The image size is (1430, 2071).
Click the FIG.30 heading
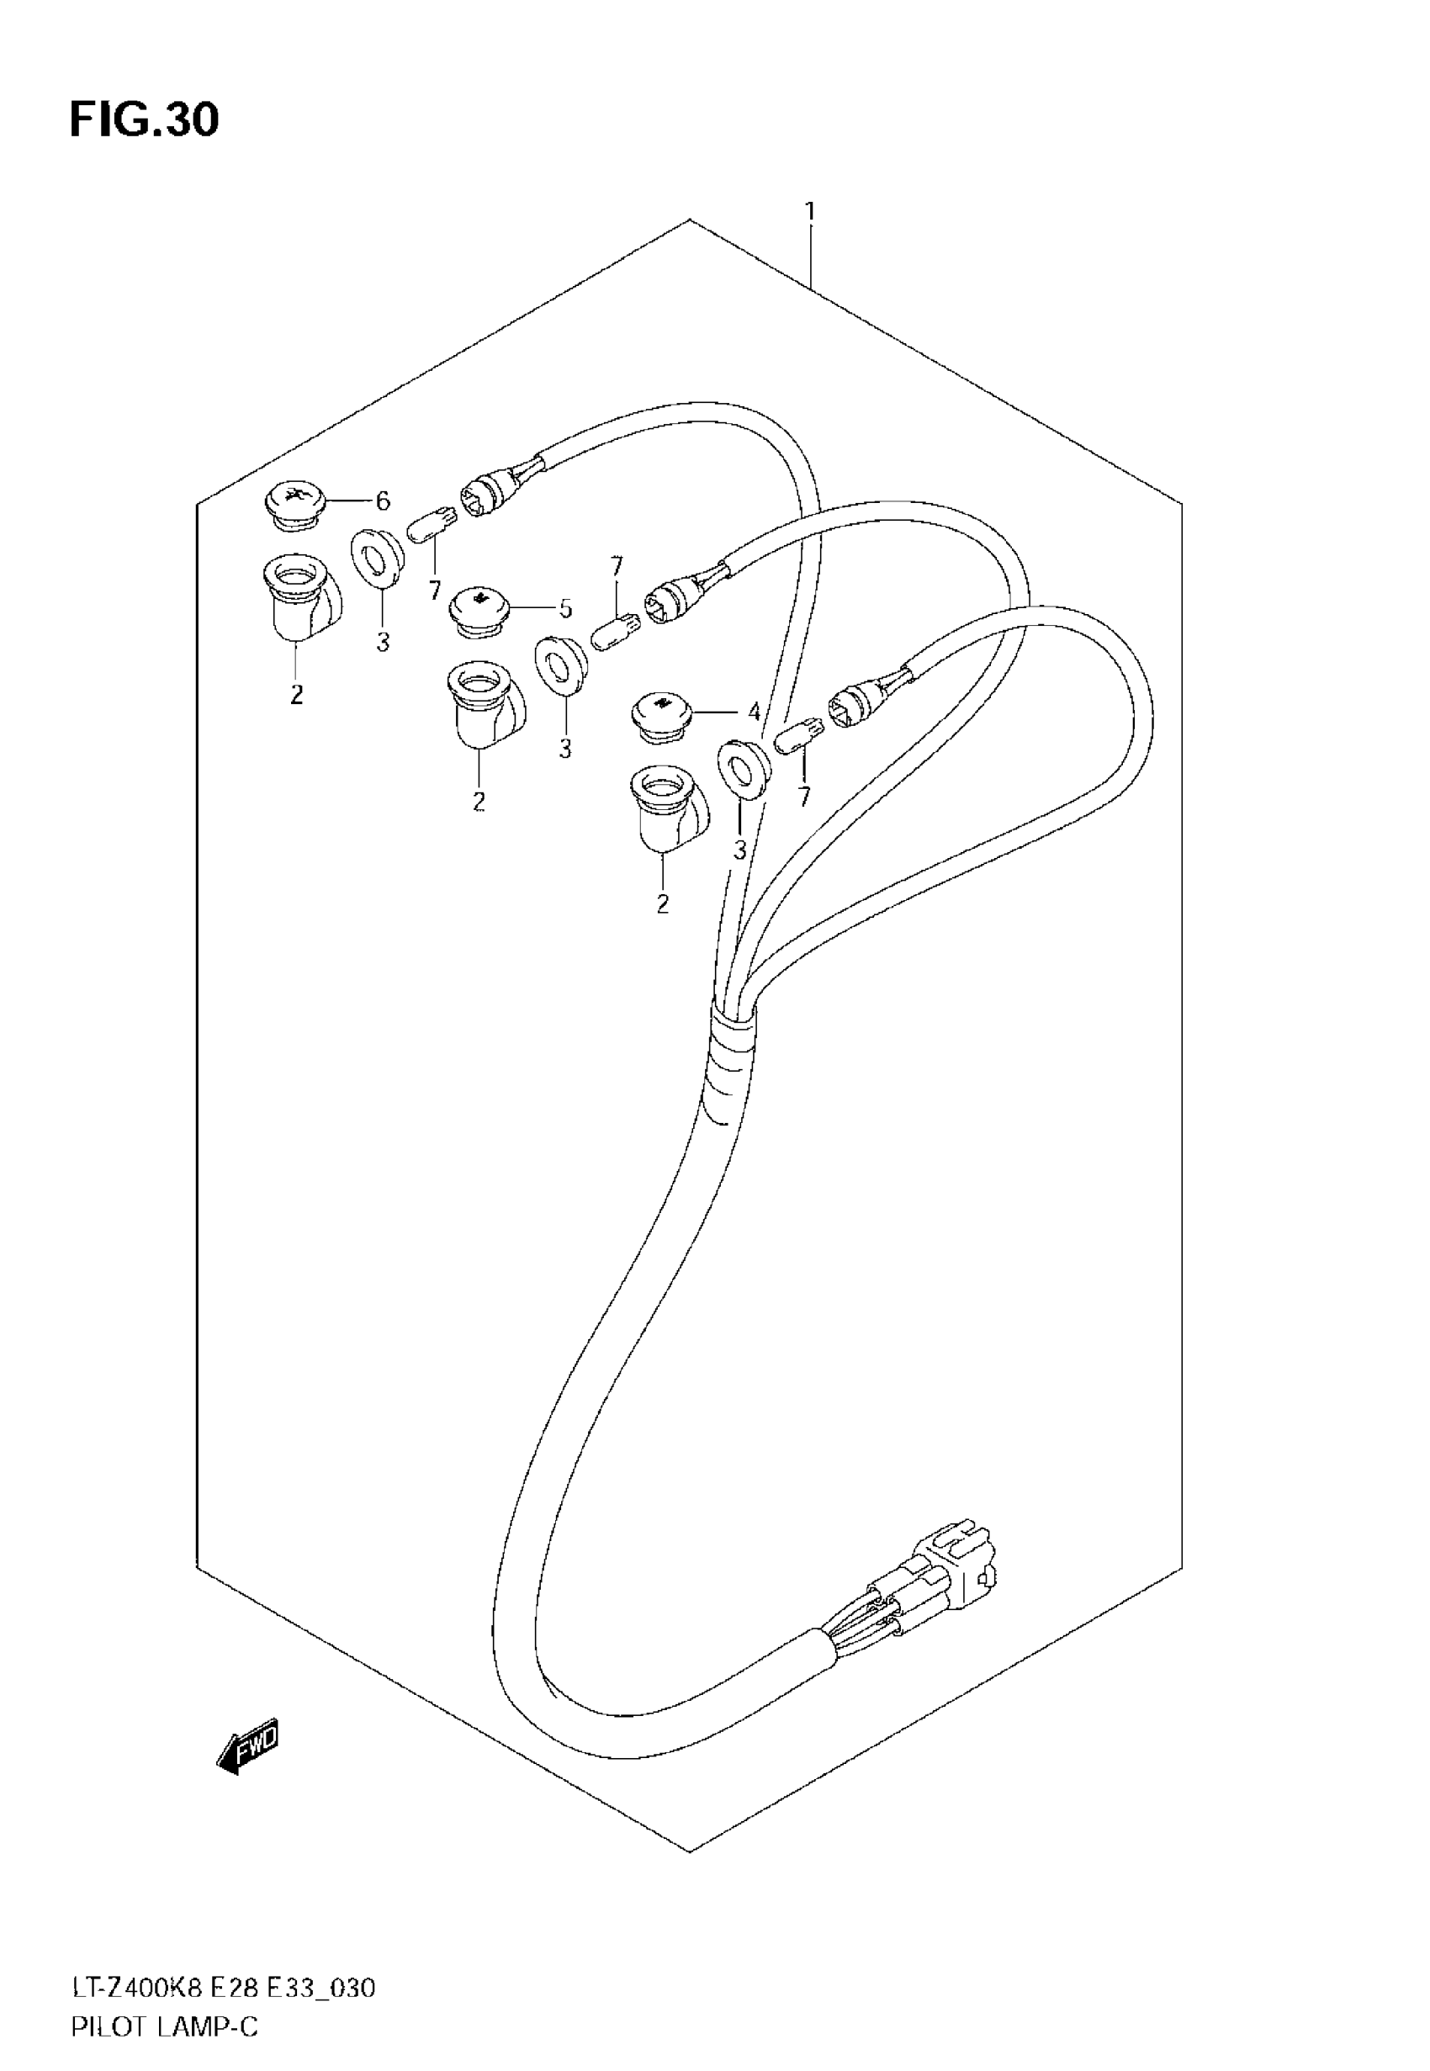tap(143, 121)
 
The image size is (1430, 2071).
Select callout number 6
tap(383, 501)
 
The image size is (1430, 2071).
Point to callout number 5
tap(564, 609)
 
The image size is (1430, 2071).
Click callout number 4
tap(755, 712)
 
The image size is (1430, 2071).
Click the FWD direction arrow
tap(248, 1745)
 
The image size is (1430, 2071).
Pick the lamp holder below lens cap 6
tap(302, 596)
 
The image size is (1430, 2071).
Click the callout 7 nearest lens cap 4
tap(803, 796)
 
